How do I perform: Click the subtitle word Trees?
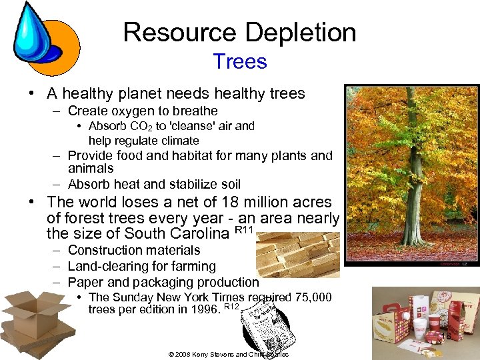[x=240, y=62]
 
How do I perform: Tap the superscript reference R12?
[x=231, y=307]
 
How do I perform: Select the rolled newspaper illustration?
[x=261, y=330]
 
